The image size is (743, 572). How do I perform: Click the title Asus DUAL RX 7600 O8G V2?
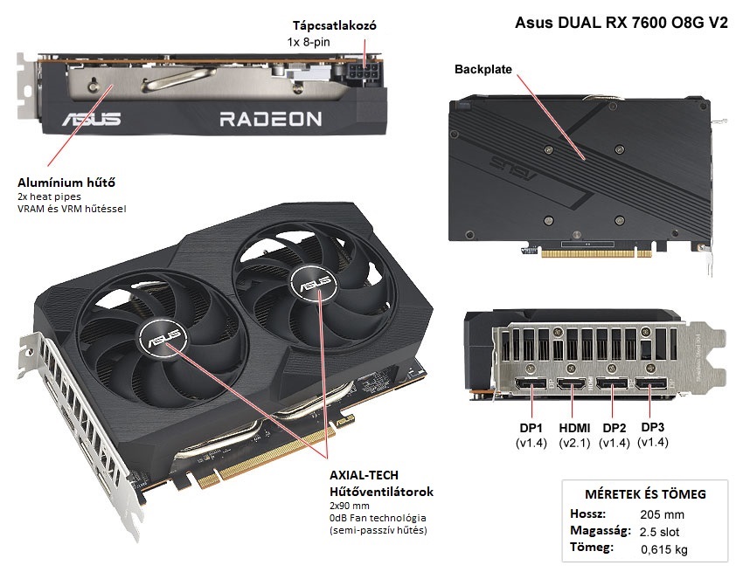coord(621,24)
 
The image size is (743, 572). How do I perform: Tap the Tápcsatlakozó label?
coord(334,26)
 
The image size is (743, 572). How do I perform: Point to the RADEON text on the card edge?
coord(270,119)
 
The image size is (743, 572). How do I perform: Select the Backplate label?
coord(483,68)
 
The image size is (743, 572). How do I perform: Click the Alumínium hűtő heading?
coord(66,183)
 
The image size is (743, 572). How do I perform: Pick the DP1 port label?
coord(531,428)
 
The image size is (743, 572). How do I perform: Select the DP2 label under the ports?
coord(614,428)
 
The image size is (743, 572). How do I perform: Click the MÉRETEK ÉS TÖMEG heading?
coord(644,494)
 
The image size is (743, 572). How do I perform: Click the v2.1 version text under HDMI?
coord(573,443)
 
